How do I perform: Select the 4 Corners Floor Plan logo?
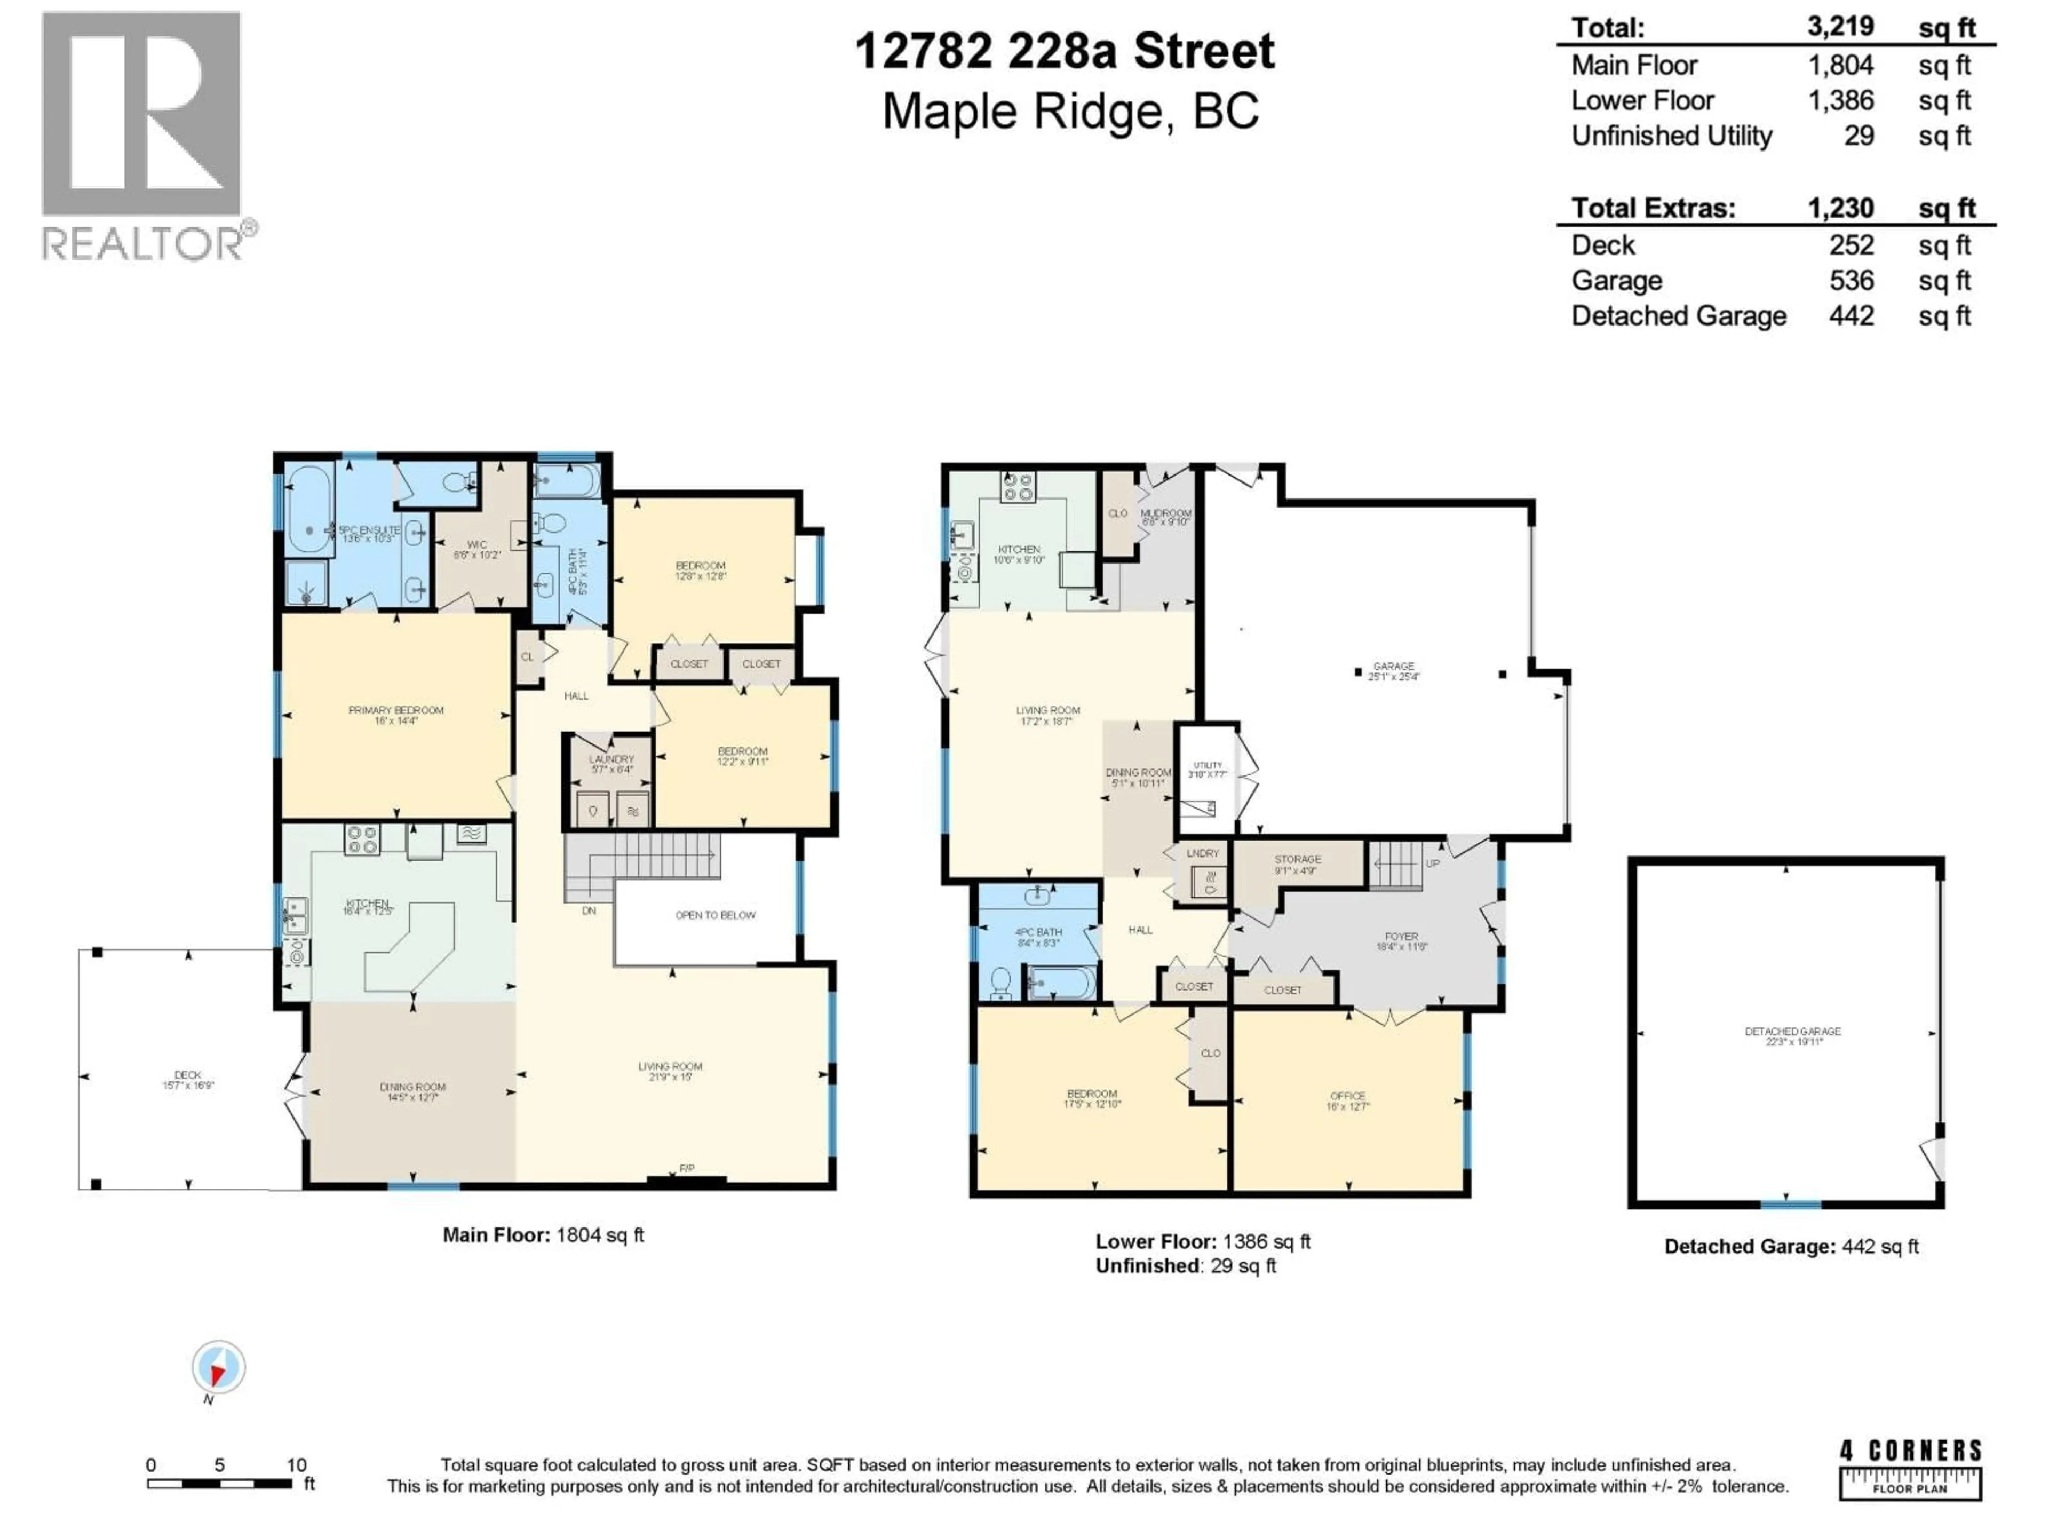click(1910, 1469)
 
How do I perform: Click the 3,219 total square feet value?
click(1840, 27)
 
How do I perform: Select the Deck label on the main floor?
click(188, 1079)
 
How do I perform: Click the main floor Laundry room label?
click(611, 763)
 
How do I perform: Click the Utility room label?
click(1208, 769)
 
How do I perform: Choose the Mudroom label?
click(1165, 517)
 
